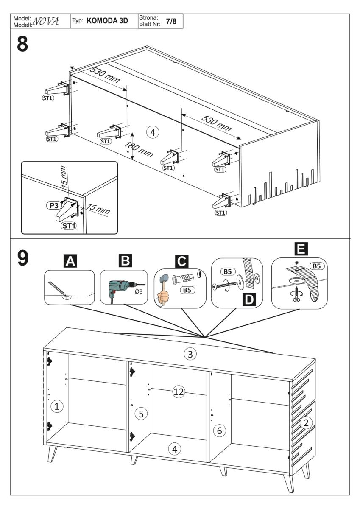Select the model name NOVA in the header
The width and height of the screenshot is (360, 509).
point(47,21)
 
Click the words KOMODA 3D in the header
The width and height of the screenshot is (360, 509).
point(107,21)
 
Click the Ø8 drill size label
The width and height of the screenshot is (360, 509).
point(137,293)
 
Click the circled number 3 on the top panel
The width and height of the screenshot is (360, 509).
point(190,353)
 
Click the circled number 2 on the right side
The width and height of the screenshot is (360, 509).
point(306,422)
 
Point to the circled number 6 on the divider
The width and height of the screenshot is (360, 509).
point(219,431)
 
